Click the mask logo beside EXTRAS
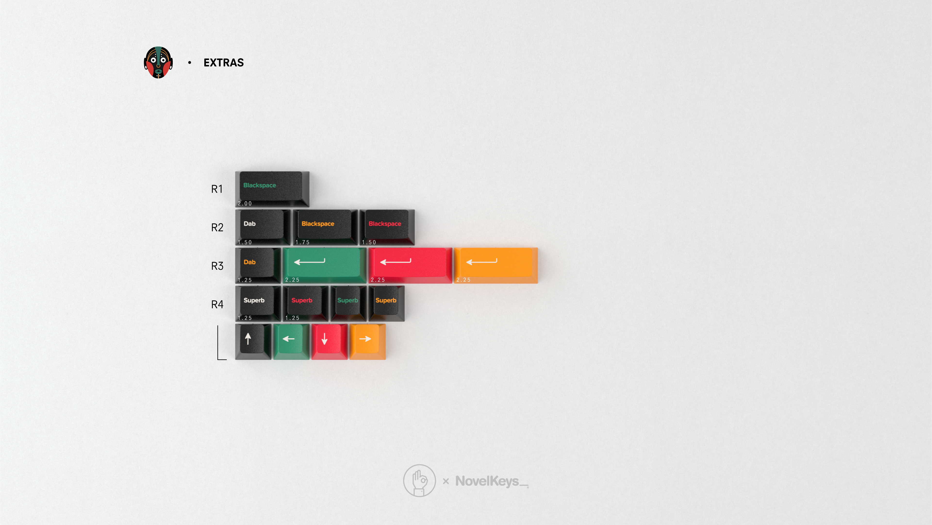coord(158,62)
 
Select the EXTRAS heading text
coord(223,63)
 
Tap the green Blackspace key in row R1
coord(272,189)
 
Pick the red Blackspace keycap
coord(387,227)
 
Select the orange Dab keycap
coord(258,265)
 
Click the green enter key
coord(324,265)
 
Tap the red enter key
coord(410,265)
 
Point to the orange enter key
coord(496,265)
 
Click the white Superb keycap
coord(258,303)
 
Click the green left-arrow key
coord(291,341)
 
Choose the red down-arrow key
coord(330,341)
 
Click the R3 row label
coord(217,266)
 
